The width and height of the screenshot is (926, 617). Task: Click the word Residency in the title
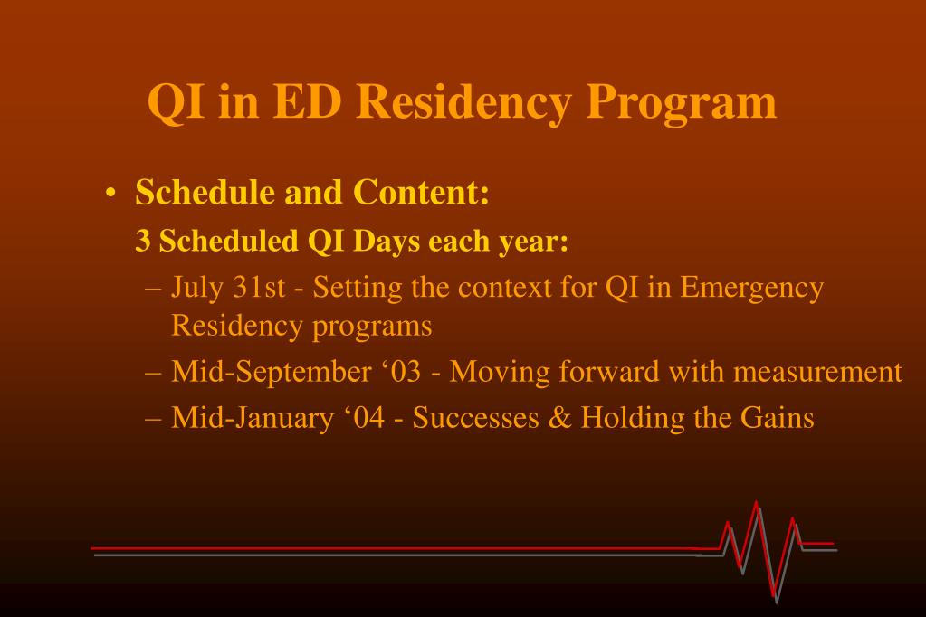coord(463,102)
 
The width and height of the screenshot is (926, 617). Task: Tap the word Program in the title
coord(681,102)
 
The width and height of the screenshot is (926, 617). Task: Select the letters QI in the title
coord(176,102)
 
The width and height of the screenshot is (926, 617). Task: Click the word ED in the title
coord(307,100)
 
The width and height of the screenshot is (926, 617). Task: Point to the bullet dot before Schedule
coord(110,194)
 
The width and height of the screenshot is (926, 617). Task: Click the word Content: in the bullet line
coord(421,192)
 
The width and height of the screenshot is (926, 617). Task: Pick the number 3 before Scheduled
coord(142,241)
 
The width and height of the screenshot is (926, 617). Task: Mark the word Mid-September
coord(272,373)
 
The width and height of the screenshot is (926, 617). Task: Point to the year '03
coord(402,372)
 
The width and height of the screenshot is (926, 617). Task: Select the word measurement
coord(818,373)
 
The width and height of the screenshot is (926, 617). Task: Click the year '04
coord(365,417)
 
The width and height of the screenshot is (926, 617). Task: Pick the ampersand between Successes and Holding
coord(559,418)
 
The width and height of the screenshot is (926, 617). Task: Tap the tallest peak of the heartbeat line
coord(756,502)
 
